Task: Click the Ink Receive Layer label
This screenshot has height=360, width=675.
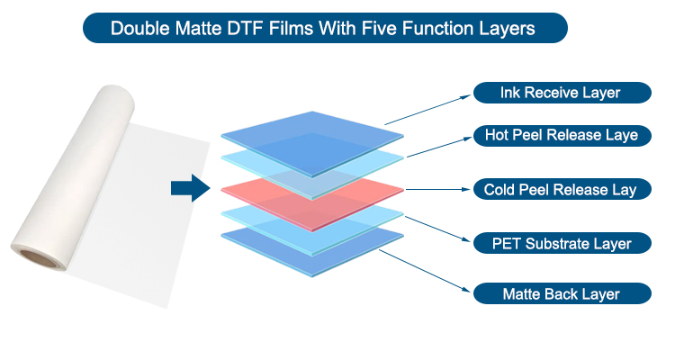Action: point(562,93)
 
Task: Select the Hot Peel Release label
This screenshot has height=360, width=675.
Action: point(562,136)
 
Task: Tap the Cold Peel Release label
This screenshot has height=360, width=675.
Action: point(562,189)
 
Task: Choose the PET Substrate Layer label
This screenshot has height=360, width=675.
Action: point(562,243)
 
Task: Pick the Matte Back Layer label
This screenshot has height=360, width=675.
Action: point(562,293)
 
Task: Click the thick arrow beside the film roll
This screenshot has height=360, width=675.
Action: point(191,188)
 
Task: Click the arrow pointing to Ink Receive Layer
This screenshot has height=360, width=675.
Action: point(427,110)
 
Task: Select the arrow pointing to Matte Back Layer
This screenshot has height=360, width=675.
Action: point(425,270)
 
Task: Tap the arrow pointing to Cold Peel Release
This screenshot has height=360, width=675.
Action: point(438,189)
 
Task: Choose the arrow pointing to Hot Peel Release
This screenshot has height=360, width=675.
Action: point(439,147)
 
